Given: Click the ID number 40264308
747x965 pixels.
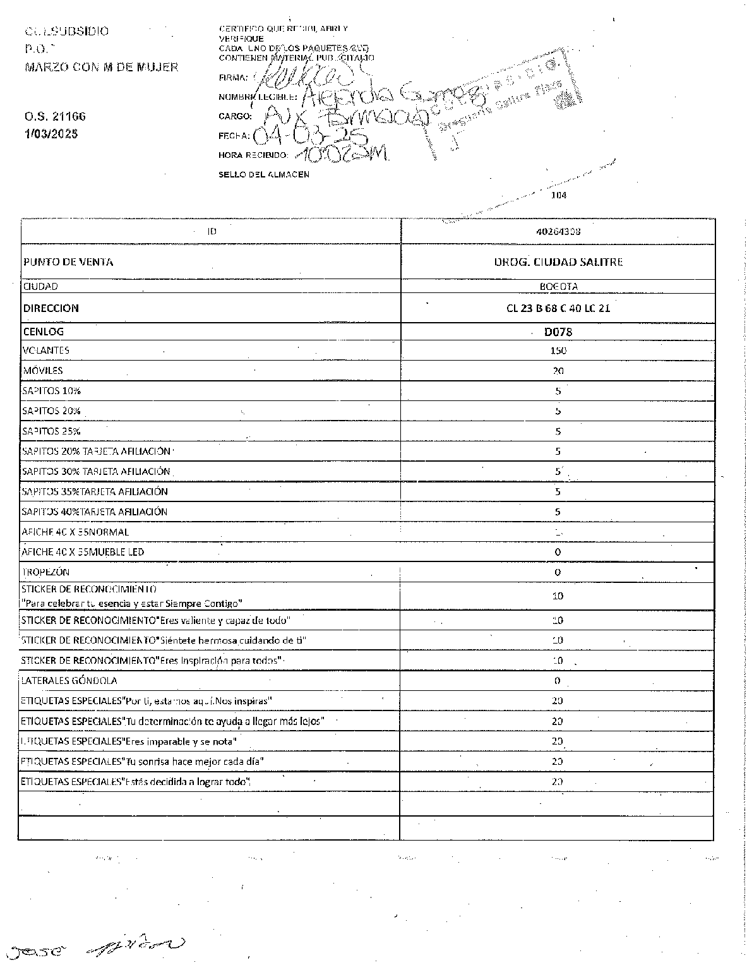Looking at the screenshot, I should pos(558,231).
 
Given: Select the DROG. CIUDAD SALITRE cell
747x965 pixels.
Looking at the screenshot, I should pos(558,262).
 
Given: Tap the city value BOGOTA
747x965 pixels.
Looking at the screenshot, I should pos(558,286).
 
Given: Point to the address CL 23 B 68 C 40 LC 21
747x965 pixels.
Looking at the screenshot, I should pos(558,308).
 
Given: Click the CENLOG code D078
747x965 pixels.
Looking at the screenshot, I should pos(558,332).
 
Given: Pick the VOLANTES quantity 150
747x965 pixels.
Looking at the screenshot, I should pos(558,351).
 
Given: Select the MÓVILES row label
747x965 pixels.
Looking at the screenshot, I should pos(43,371).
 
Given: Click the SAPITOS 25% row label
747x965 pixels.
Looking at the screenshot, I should pos(51,431).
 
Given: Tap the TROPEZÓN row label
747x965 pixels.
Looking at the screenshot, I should pos(45,572).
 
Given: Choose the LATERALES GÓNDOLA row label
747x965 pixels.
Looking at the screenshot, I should pos(69,681).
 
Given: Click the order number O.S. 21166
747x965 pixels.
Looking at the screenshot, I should pos(55,117).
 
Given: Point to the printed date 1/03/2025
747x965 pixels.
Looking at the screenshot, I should pos(51,134).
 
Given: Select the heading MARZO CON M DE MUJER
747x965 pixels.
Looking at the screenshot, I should pos(101,67).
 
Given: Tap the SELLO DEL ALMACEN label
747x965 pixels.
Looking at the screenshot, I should pos(264,174).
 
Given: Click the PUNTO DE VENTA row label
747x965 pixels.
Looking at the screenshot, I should pos(68,262).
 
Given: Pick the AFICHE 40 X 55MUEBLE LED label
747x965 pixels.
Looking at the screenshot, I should pos(83,552).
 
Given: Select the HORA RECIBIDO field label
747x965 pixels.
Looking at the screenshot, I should pos(253,155).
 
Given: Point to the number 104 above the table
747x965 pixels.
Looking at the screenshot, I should pos(559,195).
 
